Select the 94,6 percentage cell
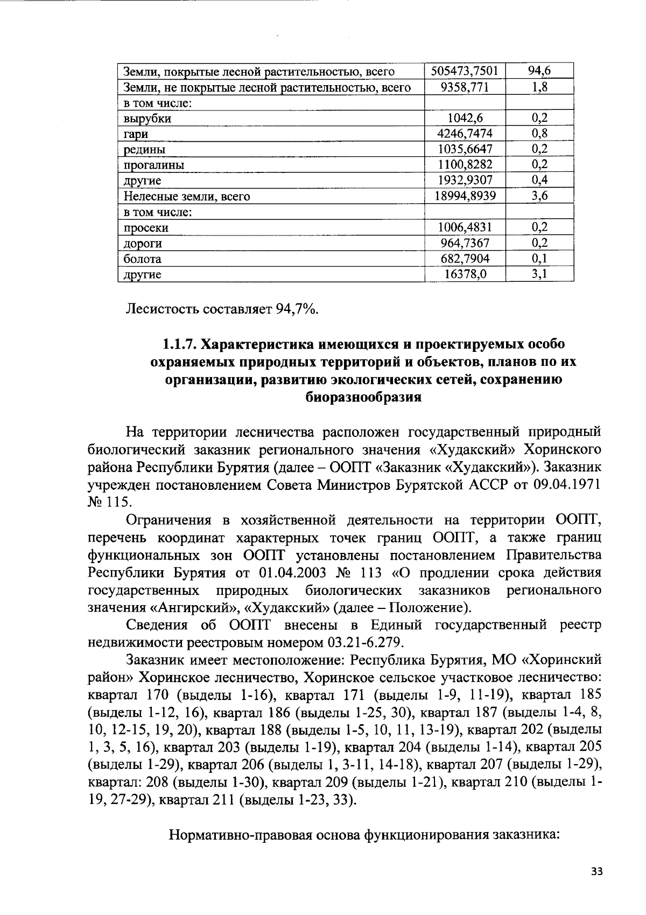tap(539, 71)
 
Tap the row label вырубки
tap(148, 119)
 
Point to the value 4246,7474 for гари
tap(465, 134)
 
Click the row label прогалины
tap(154, 165)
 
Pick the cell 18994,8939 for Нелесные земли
tap(465, 196)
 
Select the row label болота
tap(143, 259)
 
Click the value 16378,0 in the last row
tap(465, 274)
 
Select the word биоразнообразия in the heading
tap(362, 398)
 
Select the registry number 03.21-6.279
tap(363, 642)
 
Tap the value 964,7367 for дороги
tap(465, 243)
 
